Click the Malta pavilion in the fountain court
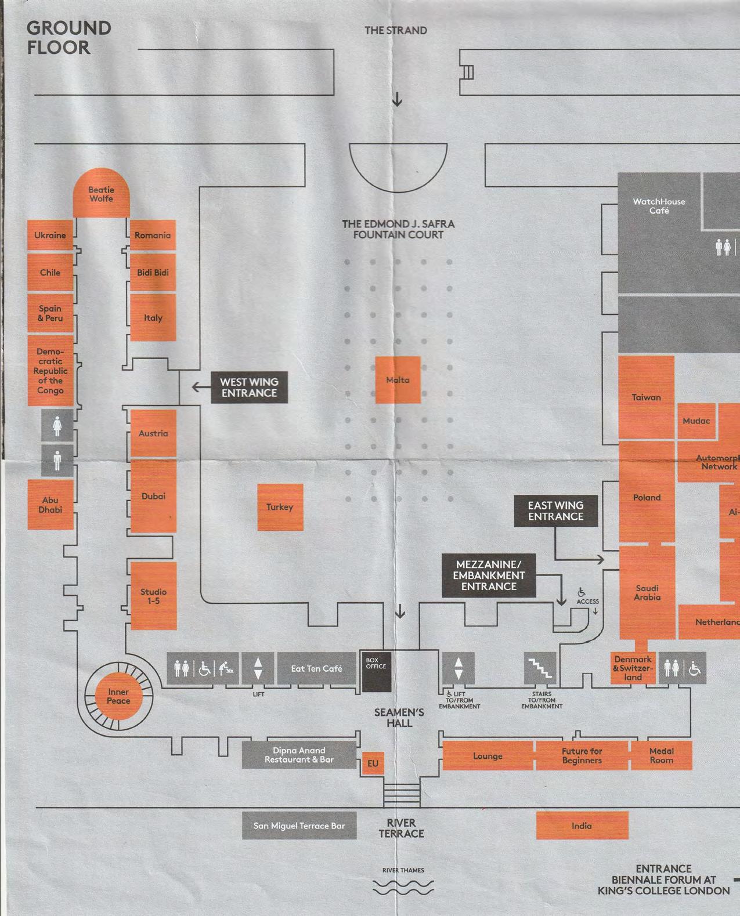pyautogui.click(x=398, y=380)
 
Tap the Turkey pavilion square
pyautogui.click(x=280, y=507)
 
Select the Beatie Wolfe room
pyautogui.click(x=101, y=194)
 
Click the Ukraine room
pyautogui.click(x=50, y=235)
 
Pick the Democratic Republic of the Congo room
pyautogui.click(x=50, y=370)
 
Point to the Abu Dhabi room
pyautogui.click(x=50, y=504)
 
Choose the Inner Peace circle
pyautogui.click(x=118, y=696)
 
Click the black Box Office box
pyautogui.click(x=376, y=671)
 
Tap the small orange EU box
pyautogui.click(x=373, y=763)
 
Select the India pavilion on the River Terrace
pyautogui.click(x=582, y=826)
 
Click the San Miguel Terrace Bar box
pyautogui.click(x=299, y=826)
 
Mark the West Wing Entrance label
pyautogui.click(x=249, y=387)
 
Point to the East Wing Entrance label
pyautogui.click(x=555, y=511)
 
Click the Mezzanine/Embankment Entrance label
pyautogui.click(x=489, y=575)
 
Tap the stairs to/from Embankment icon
pyautogui.click(x=540, y=668)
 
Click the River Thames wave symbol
pyautogui.click(x=403, y=888)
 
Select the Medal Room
pyautogui.click(x=661, y=755)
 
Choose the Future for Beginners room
pyautogui.click(x=582, y=755)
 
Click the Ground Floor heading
pyautogui.click(x=68, y=37)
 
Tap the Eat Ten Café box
pyautogui.click(x=316, y=668)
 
